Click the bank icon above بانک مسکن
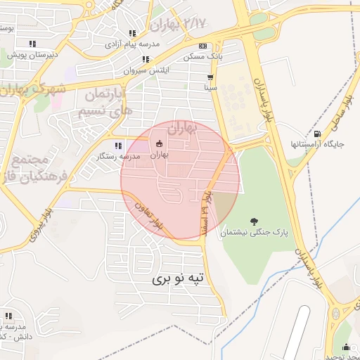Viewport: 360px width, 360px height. tap(202, 45)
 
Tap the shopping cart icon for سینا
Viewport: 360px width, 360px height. tap(210, 77)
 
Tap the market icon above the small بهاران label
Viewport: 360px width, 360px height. tap(159, 145)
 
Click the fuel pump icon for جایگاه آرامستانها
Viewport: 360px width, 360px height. tap(317, 134)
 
